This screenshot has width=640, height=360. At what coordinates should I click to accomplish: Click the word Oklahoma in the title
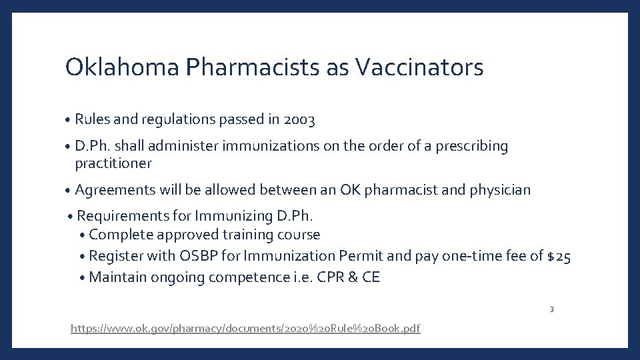click(122, 67)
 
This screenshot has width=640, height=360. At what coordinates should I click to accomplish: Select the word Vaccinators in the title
click(419, 67)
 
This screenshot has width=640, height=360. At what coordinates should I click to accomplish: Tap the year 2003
click(299, 120)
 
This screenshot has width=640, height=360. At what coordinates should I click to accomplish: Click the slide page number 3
click(552, 309)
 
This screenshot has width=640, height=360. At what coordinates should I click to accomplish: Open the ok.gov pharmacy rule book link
click(245, 329)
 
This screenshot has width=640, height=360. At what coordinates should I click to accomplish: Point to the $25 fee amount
click(558, 256)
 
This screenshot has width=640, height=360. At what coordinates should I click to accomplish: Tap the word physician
click(500, 190)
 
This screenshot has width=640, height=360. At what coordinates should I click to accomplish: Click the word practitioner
click(113, 163)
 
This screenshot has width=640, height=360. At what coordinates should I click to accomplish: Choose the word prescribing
click(472, 146)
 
